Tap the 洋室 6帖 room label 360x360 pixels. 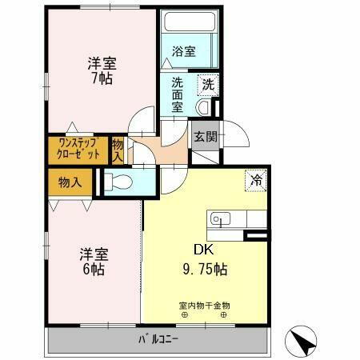[x=94, y=262]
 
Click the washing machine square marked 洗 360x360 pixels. [x=207, y=84]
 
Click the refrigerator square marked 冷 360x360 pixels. [x=256, y=181]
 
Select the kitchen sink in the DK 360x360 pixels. [x=220, y=218]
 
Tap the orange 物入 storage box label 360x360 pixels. [x=70, y=183]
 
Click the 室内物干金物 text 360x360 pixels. [x=204, y=304]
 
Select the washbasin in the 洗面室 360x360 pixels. [x=203, y=106]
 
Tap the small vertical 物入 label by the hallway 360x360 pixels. [x=118, y=150]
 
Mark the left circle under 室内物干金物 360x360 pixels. [x=184, y=314]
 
